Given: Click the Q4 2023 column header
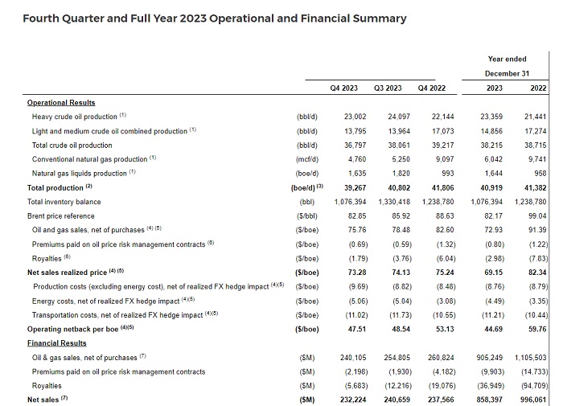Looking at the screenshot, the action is coord(344,88).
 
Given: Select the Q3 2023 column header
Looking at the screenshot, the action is coord(388,88).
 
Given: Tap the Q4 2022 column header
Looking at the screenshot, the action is coord(432,88).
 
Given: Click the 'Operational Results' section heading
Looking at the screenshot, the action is coord(61,103).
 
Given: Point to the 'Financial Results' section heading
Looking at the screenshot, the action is coord(57,343).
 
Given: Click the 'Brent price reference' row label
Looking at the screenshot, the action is coord(60,216).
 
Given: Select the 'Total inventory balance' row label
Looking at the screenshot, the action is coord(64,202).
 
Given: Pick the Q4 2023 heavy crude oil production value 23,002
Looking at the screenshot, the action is coord(355,117).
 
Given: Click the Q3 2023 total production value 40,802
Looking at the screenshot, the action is coord(399,188).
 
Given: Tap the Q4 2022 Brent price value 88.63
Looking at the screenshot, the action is coord(445,216).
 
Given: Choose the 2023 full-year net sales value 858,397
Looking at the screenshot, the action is coord(489,400).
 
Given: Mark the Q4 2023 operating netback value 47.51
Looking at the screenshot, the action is coord(357,329).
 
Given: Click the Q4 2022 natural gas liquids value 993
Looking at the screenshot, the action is coord(448,174).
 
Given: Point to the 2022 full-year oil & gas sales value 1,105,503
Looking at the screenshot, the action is coord(530,358).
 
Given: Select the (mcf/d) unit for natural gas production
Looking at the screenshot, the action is coord(307,159).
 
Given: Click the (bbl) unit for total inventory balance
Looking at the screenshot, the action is coord(307,202).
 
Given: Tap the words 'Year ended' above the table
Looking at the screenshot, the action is coord(507,59).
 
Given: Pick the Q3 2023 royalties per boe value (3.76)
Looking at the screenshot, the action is coord(402,258).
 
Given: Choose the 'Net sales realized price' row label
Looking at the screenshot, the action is coord(67,273).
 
